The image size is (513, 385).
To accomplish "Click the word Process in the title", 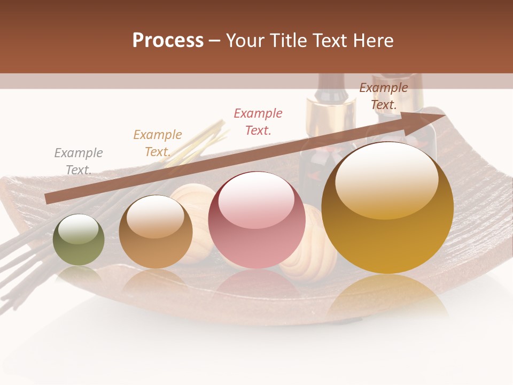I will click(168, 41).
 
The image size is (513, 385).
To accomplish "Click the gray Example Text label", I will click(78, 161).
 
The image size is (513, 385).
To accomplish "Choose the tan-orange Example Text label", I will click(157, 143).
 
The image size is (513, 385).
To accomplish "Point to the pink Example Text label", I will click(258, 121).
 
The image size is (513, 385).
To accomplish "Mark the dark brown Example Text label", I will click(383, 96).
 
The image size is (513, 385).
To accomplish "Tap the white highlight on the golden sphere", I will click(386, 179).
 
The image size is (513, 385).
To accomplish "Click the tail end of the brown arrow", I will click(49, 198).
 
